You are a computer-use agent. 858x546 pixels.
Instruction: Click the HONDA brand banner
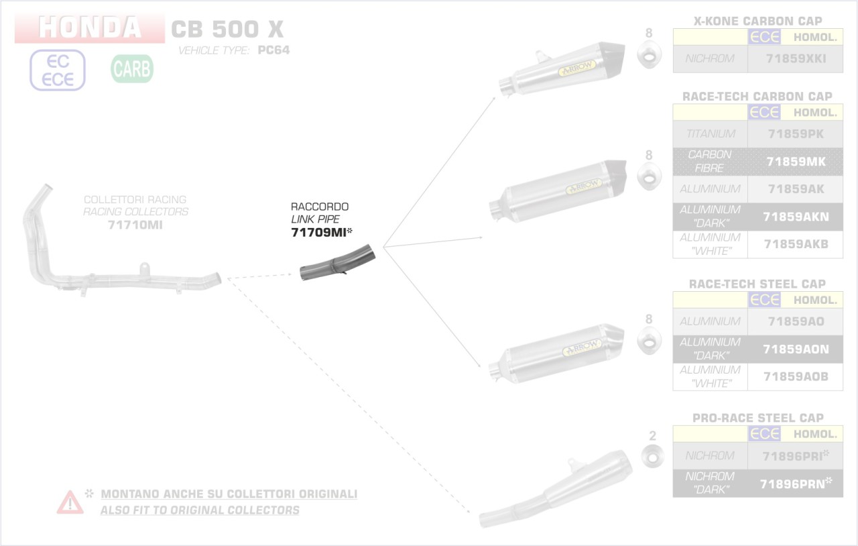[90, 28]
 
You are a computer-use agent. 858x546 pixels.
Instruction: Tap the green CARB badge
[132, 68]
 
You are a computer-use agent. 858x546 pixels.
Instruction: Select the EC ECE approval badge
[58, 70]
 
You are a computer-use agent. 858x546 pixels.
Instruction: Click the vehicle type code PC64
[273, 50]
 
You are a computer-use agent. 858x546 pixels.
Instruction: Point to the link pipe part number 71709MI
[318, 232]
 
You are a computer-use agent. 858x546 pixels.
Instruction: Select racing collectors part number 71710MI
[135, 225]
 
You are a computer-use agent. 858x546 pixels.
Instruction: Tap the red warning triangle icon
[70, 502]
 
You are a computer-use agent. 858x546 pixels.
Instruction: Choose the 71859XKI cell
[796, 59]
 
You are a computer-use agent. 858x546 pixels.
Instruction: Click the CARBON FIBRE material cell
[710, 161]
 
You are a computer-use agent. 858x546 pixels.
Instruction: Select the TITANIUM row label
[710, 133]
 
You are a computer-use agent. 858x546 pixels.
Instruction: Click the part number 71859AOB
[796, 376]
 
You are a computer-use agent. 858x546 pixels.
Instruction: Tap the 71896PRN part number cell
[796, 483]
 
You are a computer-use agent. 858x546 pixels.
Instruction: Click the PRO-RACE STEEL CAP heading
[758, 418]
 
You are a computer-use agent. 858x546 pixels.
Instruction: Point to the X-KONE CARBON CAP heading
[758, 21]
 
